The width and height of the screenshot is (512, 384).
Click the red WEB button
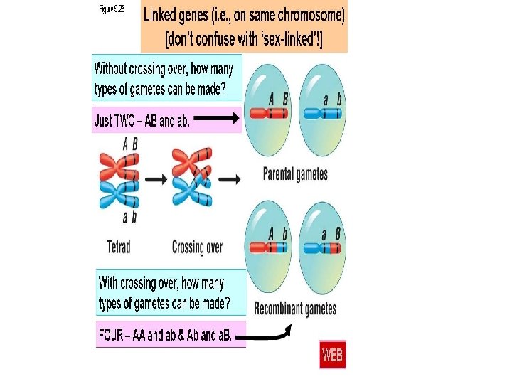(332, 354)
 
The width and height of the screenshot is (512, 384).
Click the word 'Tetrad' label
(119, 247)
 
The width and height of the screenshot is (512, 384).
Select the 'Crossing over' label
(197, 247)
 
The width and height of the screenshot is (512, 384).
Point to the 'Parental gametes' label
(295, 174)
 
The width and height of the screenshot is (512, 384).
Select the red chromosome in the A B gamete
(268, 113)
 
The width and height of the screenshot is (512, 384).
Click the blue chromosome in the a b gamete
(323, 113)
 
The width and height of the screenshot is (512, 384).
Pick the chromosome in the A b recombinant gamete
(268, 248)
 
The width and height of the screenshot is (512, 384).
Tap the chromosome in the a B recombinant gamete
(323, 248)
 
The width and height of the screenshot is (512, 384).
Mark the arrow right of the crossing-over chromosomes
(229, 180)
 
